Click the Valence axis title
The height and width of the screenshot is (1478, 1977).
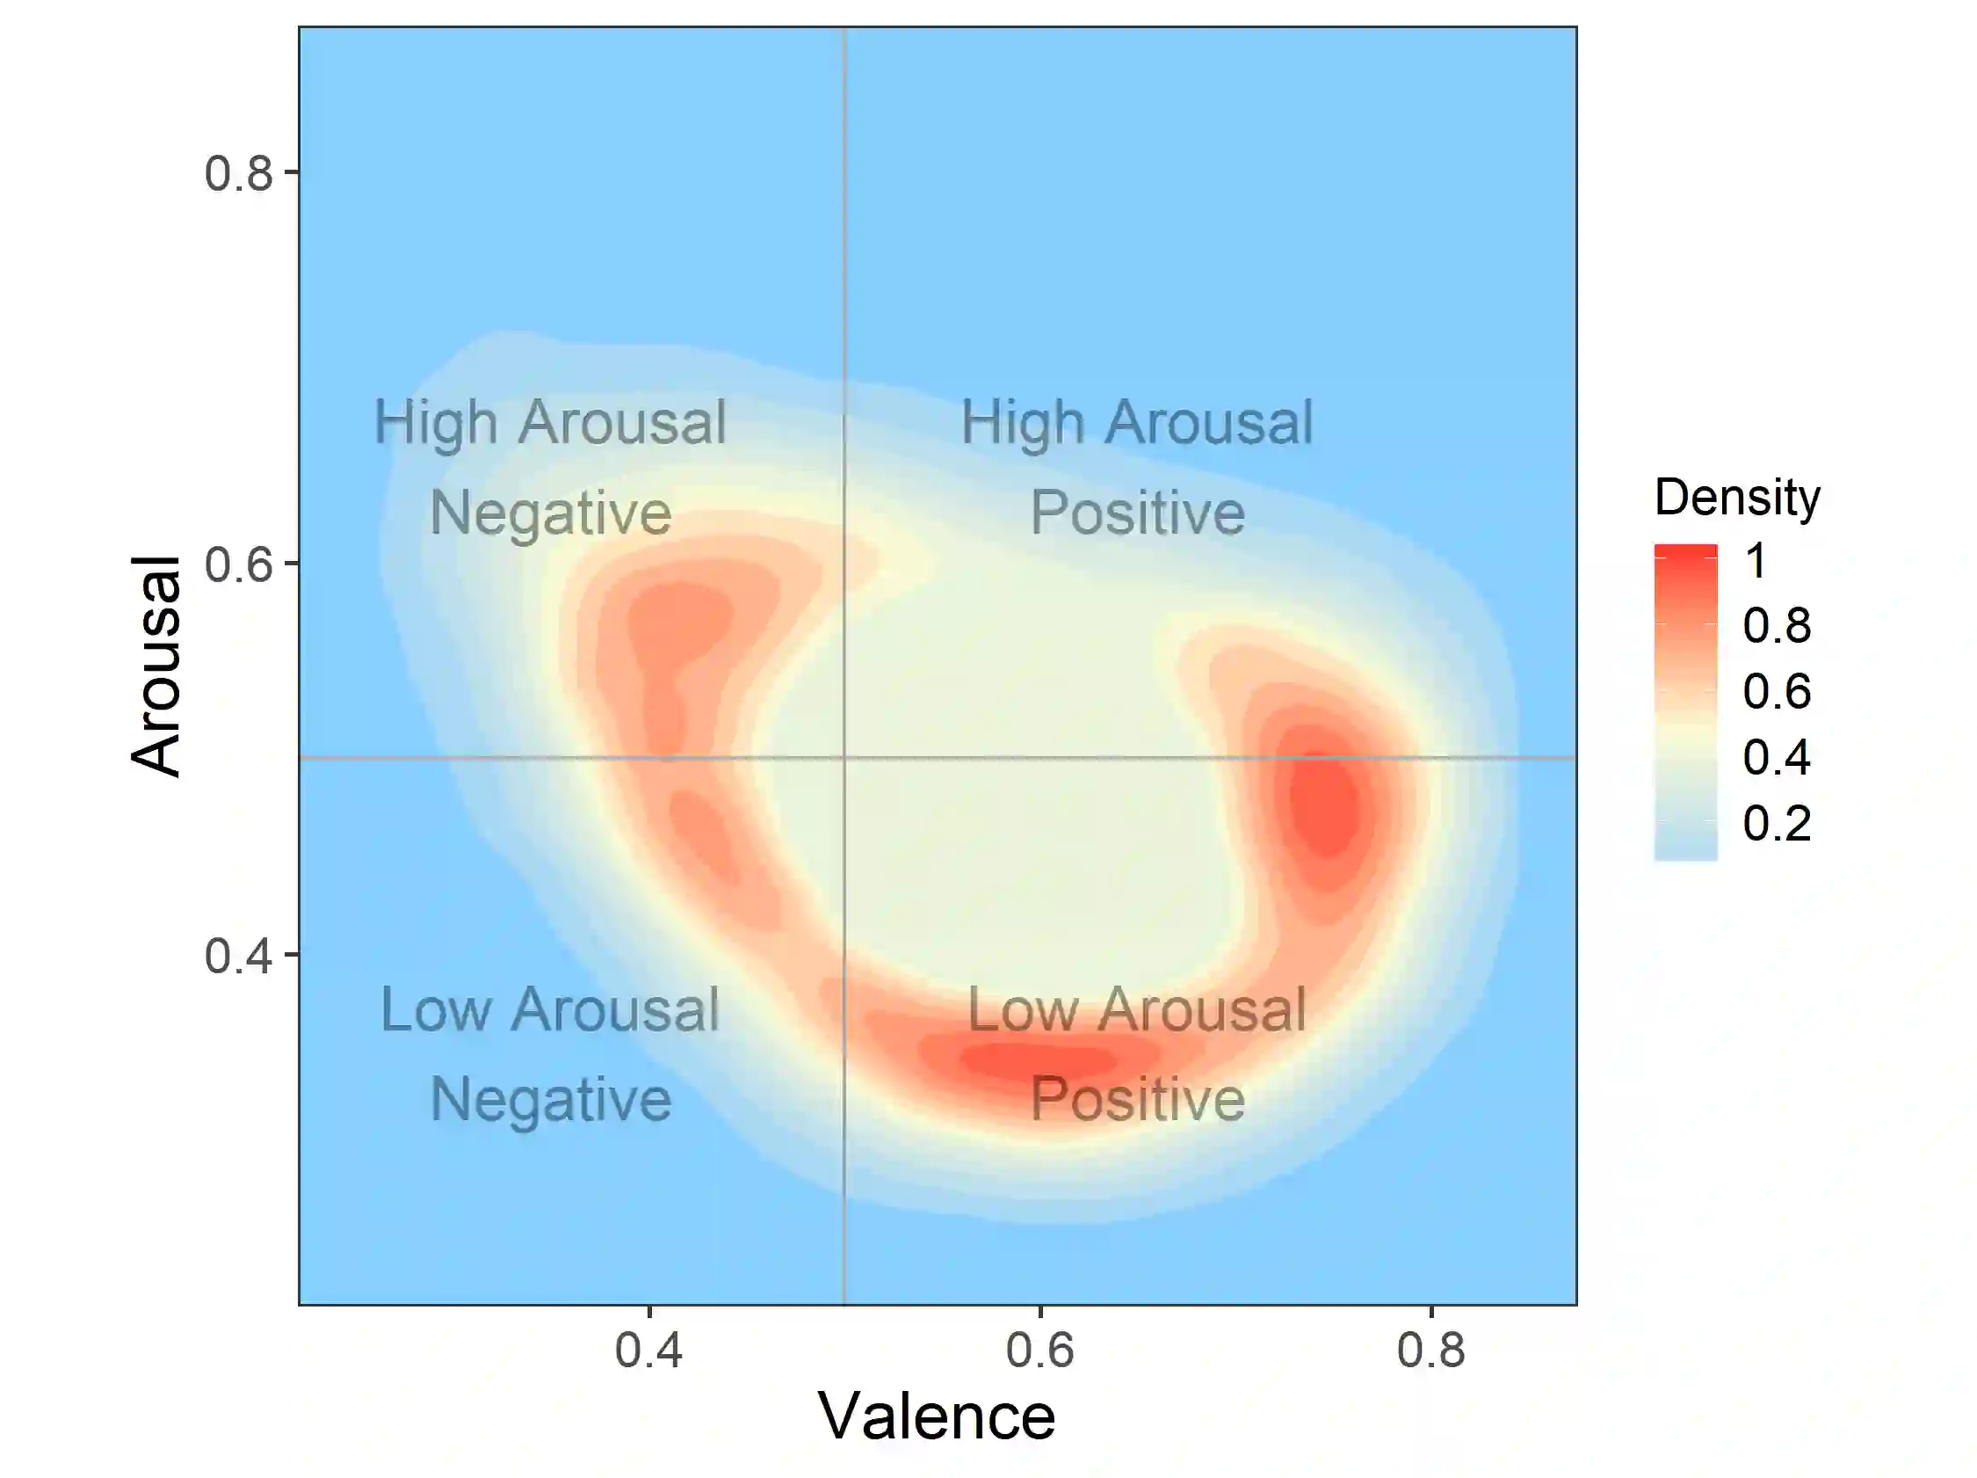[936, 1417]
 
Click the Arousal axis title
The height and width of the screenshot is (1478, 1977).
[156, 666]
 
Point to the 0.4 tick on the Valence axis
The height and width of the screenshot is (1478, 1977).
[648, 1350]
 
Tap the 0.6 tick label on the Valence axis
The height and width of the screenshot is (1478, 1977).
[1039, 1350]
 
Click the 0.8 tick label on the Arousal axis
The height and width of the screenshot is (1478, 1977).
[238, 172]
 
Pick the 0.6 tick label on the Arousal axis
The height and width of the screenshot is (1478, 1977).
[238, 564]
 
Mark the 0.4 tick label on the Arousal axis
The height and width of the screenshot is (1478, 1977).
[238, 956]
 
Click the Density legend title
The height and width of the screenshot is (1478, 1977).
[1736, 496]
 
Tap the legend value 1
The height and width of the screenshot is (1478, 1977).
[1756, 561]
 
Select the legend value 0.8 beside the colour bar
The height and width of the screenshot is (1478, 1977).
[1776, 625]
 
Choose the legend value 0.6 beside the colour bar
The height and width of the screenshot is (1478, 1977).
[1776, 691]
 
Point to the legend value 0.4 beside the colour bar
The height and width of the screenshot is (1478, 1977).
[1776, 756]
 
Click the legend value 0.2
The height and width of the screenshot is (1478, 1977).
[1776, 823]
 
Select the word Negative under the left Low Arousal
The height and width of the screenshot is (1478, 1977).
[551, 1099]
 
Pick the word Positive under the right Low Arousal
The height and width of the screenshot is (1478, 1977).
[1137, 1099]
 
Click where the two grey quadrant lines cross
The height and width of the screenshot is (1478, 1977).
[844, 757]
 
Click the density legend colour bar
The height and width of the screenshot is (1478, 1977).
[1684, 702]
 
